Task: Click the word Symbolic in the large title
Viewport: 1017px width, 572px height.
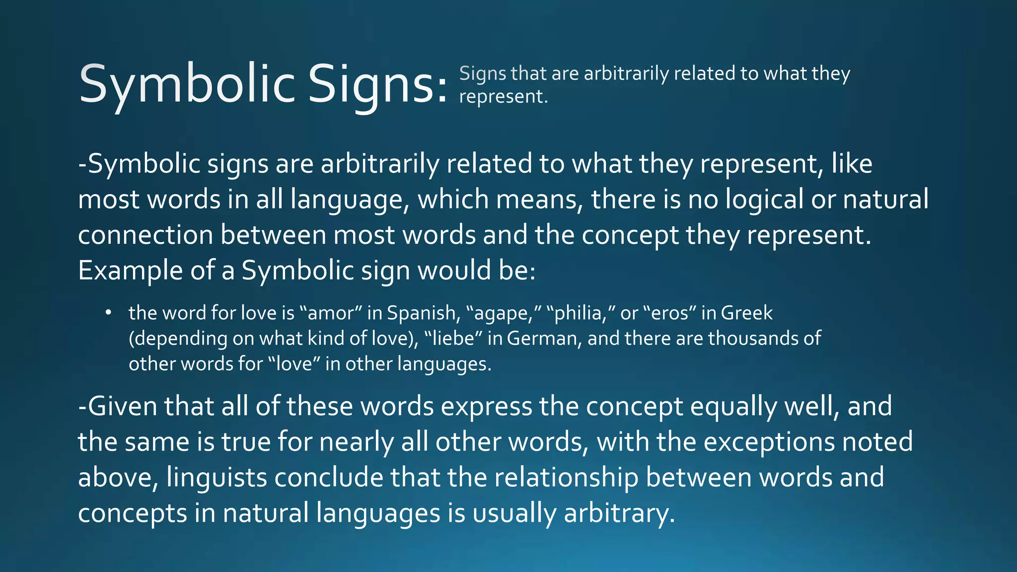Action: pos(188,84)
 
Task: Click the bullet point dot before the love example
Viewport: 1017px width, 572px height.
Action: pos(108,313)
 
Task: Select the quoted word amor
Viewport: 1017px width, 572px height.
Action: pos(330,313)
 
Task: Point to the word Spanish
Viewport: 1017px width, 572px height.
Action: pos(421,313)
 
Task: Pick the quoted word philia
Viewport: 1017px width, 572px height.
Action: pos(581,313)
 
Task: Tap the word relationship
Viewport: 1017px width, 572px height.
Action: pos(566,478)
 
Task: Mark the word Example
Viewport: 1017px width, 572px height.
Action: pos(131,271)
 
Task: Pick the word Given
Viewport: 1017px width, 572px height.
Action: pos(123,407)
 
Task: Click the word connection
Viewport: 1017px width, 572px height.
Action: pos(145,235)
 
